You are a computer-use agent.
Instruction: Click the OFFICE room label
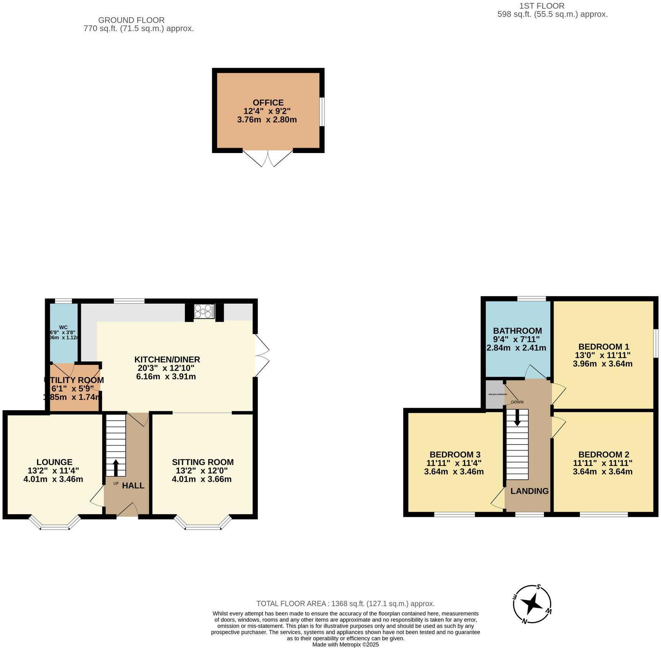[x=268, y=103]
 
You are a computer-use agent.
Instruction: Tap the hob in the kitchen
[x=204, y=311]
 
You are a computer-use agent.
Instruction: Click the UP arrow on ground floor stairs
[x=116, y=467]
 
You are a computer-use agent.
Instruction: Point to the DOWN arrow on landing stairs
[x=517, y=417]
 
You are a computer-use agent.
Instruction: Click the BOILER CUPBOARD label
[x=498, y=394]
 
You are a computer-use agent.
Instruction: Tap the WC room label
[x=63, y=327]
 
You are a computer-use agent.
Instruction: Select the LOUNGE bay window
[x=55, y=523]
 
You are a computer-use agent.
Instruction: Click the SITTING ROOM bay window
[x=203, y=523]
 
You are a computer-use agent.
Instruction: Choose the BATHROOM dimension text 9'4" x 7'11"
[x=516, y=339]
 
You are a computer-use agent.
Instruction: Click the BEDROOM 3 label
[x=455, y=454]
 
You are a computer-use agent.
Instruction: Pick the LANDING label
[x=529, y=491]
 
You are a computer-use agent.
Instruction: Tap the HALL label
[x=133, y=486]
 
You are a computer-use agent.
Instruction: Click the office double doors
[x=268, y=158]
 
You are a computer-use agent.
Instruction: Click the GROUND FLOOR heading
[x=131, y=20]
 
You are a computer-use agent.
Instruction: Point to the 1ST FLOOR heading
[x=541, y=6]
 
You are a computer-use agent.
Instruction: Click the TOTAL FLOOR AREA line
[x=345, y=604]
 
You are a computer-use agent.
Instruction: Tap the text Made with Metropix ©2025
[x=345, y=645]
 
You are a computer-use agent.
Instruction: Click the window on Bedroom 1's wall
[x=655, y=343]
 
